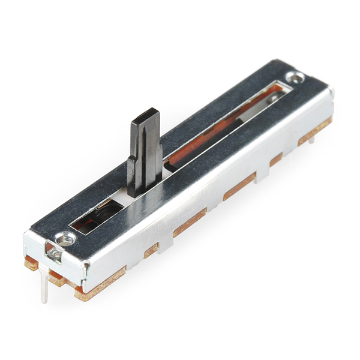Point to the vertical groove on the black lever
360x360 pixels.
[x=145, y=150]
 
